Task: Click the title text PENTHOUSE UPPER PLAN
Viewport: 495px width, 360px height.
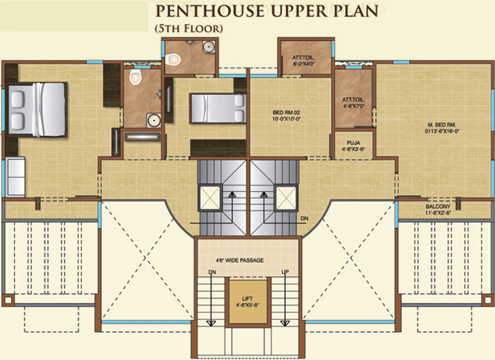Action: [267, 11]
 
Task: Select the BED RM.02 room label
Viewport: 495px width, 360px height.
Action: [289, 114]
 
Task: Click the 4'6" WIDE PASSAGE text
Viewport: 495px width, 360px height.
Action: [246, 261]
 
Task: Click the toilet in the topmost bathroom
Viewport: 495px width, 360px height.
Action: [172, 60]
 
